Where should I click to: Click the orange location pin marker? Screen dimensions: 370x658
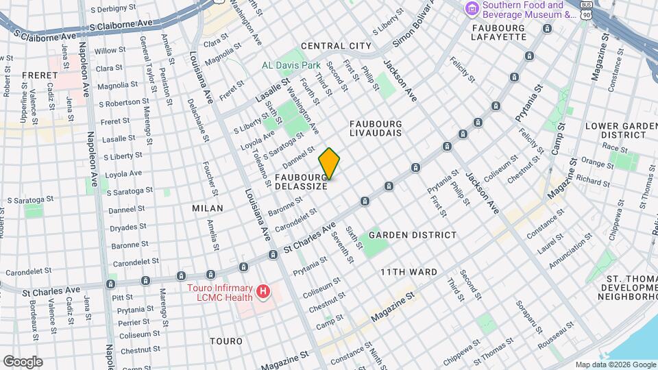click(x=329, y=164)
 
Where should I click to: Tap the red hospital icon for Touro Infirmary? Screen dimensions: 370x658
click(x=263, y=293)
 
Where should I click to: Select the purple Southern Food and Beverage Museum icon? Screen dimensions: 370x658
click(x=472, y=9)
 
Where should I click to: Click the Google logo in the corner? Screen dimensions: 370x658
click(x=23, y=362)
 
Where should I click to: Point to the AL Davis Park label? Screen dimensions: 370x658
click(x=291, y=66)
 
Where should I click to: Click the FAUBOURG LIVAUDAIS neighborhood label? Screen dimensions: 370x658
click(x=376, y=129)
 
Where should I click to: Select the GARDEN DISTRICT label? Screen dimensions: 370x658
click(x=412, y=235)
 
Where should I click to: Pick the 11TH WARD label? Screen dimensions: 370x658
click(x=409, y=272)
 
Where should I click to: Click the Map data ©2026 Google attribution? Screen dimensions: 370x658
click(x=616, y=365)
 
